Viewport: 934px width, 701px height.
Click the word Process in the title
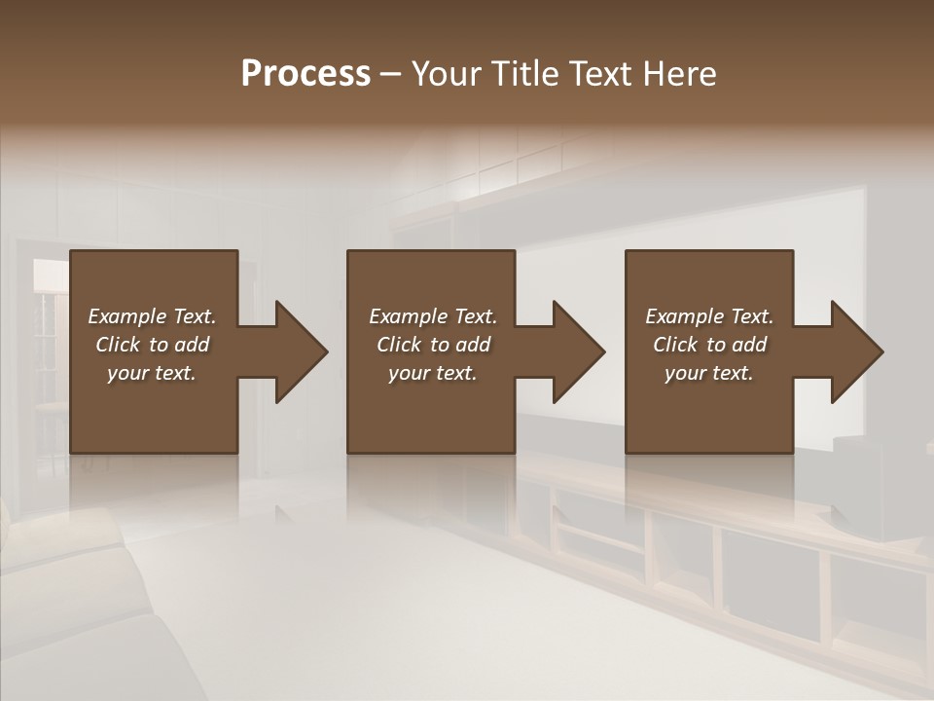click(305, 74)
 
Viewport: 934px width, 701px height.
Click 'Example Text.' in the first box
click(152, 316)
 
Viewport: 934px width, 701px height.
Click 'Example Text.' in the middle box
click(433, 316)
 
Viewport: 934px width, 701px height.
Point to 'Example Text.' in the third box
click(709, 316)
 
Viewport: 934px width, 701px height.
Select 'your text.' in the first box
click(152, 373)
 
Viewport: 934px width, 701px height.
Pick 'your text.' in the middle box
click(433, 373)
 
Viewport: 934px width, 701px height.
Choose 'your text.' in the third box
click(709, 373)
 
